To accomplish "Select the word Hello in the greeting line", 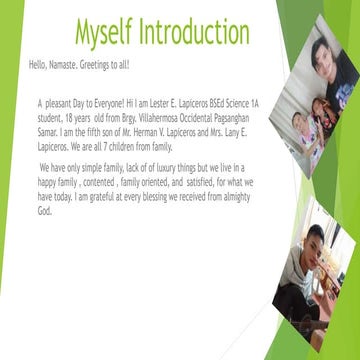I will pyautogui.click(x=39, y=65).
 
